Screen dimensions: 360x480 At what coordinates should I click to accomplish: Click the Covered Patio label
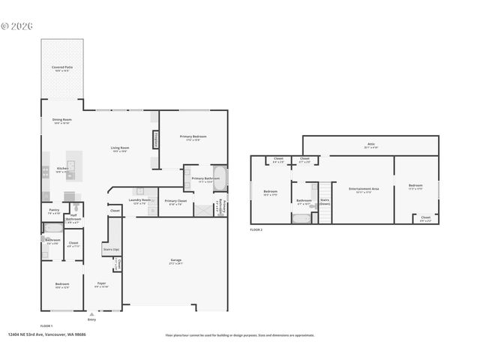click(62, 67)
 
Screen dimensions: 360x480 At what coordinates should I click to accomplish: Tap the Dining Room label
click(61, 120)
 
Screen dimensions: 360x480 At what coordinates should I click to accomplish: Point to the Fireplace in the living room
click(155, 139)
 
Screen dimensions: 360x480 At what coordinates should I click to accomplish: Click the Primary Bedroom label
click(193, 137)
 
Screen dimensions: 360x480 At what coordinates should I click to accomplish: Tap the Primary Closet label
click(175, 201)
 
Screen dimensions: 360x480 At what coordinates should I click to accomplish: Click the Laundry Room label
click(140, 200)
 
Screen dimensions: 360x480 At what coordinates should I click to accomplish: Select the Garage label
click(175, 261)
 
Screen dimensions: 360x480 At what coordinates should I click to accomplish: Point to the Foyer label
click(101, 283)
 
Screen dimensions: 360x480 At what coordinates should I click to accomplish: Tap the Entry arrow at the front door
click(91, 313)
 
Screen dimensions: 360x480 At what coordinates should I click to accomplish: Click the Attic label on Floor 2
click(370, 145)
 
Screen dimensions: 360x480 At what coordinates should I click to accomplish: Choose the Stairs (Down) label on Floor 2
click(325, 201)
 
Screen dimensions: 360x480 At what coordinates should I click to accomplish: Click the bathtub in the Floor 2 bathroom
click(301, 219)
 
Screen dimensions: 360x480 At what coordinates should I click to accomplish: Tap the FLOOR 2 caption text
click(256, 229)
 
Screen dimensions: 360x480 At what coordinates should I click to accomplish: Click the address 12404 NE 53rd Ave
click(46, 334)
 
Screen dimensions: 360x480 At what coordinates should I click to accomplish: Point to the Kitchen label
click(62, 169)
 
